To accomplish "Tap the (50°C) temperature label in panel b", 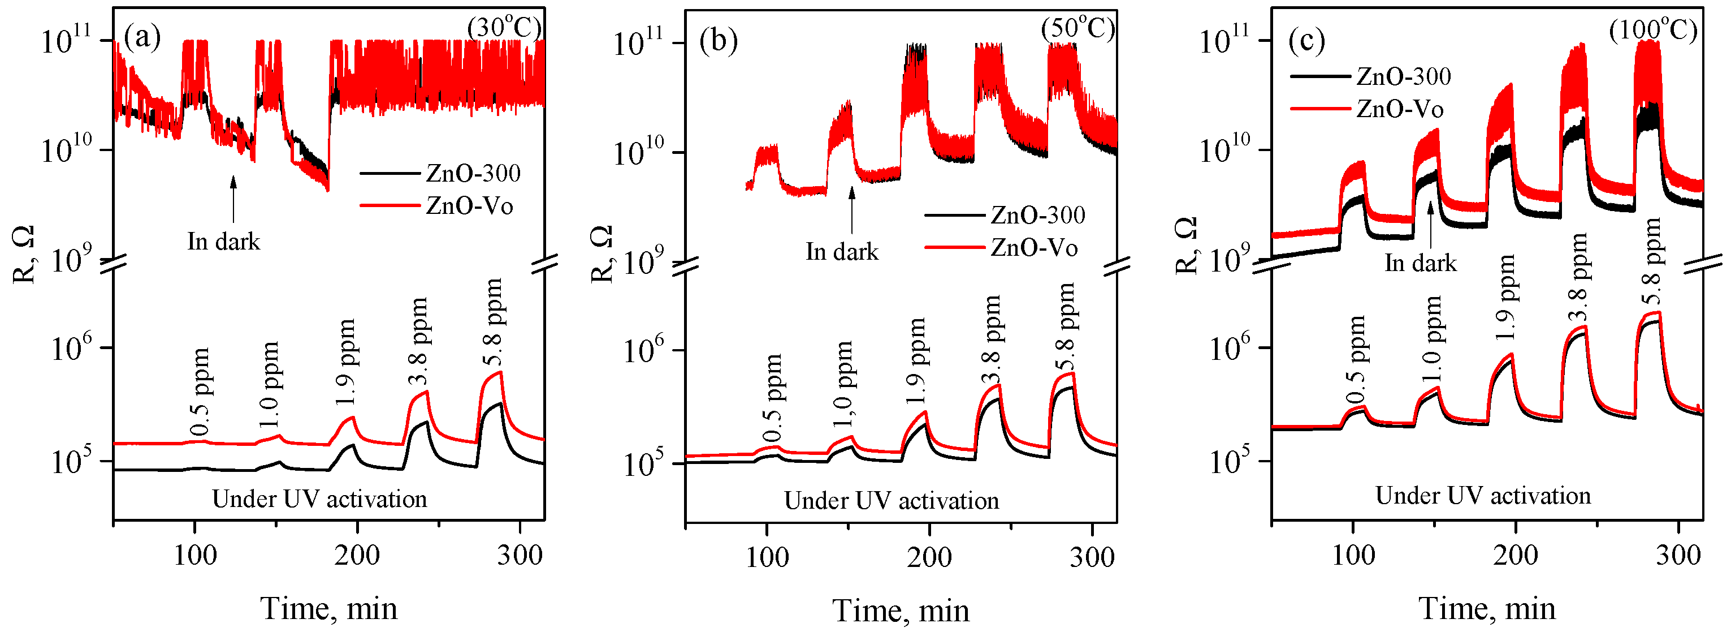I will point(1078,29).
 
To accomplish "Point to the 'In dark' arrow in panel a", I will point(233,199).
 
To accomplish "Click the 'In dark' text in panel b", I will point(842,251).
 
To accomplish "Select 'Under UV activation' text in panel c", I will point(1483,496).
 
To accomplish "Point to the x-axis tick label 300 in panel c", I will point(1678,555).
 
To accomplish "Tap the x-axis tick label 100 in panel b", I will point(767,557).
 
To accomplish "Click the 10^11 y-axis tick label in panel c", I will point(1224,40).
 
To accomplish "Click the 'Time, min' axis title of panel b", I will point(901,611).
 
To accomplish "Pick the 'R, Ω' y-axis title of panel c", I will point(1186,246).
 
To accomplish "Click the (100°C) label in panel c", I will point(1653,30).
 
